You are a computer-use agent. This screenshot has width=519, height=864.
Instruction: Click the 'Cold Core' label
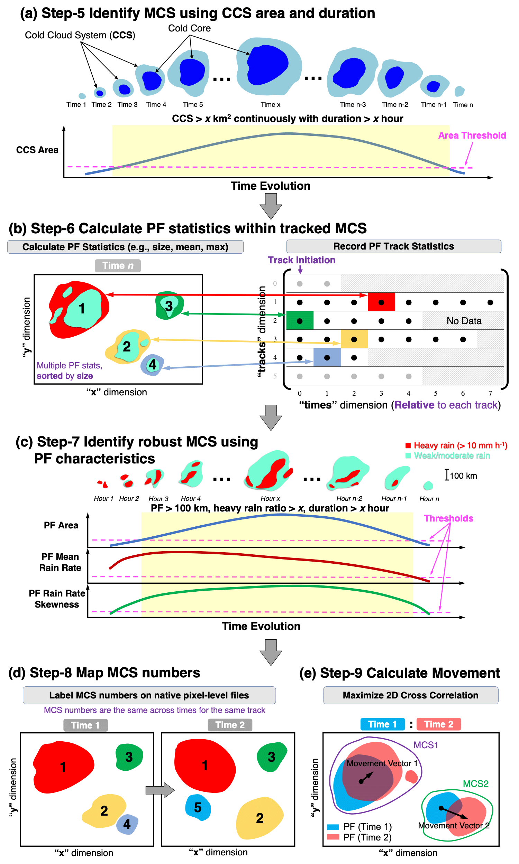pos(189,28)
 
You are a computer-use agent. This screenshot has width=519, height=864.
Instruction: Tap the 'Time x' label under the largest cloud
pos(270,104)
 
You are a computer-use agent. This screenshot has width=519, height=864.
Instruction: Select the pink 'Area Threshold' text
pos(472,135)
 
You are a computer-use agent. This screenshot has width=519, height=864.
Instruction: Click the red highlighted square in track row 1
pos(381,302)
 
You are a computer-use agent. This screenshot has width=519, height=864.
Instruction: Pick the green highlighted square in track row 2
pos(300,321)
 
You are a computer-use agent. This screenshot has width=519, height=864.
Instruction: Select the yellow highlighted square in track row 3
pos(354,339)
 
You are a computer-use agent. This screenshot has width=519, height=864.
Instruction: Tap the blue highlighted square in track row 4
pos(327,358)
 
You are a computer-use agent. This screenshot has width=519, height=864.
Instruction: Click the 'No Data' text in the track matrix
pos(464,321)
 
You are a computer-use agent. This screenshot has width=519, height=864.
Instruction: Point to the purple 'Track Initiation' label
pos(301,260)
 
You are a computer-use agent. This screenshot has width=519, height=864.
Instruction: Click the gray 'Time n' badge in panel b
pos(118,266)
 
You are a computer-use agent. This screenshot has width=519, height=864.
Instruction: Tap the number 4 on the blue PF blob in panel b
pos(153,365)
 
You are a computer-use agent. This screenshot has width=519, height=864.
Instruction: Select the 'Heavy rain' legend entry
pos(456,445)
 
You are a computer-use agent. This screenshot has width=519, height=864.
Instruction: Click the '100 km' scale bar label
pos(463,476)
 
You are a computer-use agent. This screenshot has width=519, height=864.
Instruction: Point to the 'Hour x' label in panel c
pos(270,499)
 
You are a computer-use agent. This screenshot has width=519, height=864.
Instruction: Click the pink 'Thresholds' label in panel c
pos(448,519)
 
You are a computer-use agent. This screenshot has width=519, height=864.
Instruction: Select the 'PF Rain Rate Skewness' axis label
pos(57,599)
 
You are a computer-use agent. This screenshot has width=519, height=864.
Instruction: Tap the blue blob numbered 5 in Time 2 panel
pos(198,807)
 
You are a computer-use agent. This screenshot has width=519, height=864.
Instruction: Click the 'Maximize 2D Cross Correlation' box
pos(410,695)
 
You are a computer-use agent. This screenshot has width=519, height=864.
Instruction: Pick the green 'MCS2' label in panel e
pos(475,784)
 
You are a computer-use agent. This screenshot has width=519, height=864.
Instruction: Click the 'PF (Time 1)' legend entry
pos(367,827)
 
